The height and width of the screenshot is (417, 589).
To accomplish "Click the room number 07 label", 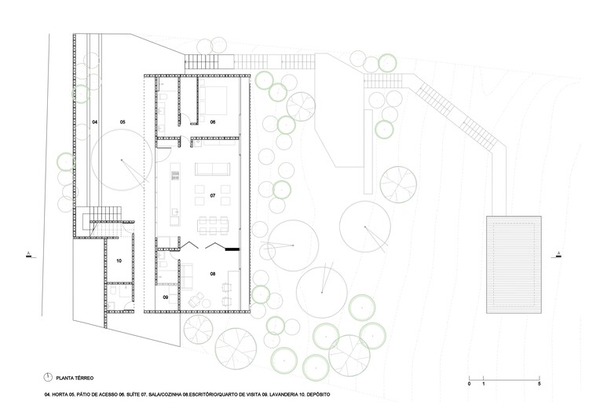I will (x=212, y=194).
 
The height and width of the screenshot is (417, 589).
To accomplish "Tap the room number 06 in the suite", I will (x=212, y=122).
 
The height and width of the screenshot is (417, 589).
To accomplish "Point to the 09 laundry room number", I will (x=166, y=297).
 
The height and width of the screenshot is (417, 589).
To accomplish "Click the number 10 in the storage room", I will (x=119, y=260).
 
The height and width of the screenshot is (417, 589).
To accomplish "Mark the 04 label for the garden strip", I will (x=94, y=122).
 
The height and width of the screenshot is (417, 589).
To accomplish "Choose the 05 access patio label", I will (x=123, y=122).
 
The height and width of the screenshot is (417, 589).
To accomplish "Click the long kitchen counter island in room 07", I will (x=177, y=190).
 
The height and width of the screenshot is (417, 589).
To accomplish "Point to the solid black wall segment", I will (x=231, y=249).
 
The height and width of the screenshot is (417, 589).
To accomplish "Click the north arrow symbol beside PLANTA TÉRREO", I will (x=47, y=376).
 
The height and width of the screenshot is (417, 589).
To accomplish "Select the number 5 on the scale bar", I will (x=539, y=384).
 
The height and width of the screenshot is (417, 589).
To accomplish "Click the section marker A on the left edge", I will (x=29, y=253).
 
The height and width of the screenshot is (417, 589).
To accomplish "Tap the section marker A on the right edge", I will (x=558, y=253).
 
